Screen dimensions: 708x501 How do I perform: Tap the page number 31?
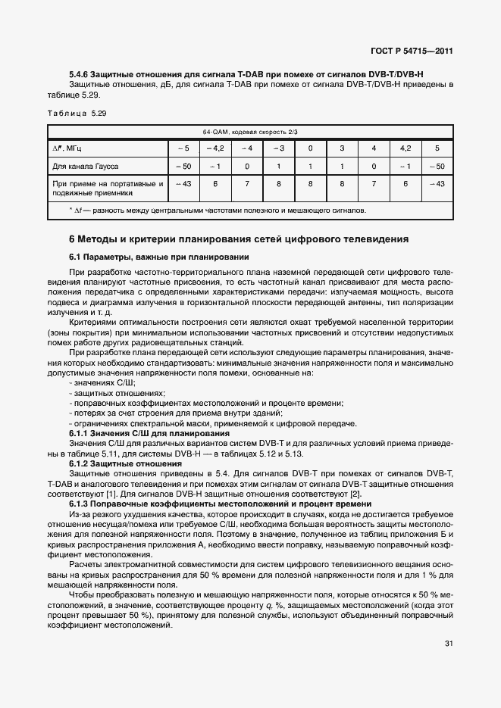tap(449, 644)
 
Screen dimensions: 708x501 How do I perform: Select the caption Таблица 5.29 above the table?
tap(77, 113)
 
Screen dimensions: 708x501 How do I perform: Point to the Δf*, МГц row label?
tap(67, 148)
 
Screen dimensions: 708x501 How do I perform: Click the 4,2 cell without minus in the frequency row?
tap(405, 148)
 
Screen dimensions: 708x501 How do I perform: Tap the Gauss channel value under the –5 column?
tap(183, 165)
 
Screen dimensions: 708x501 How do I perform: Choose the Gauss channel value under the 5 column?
tap(437, 165)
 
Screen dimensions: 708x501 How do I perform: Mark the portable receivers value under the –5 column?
tap(183, 183)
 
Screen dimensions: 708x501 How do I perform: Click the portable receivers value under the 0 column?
tap(310, 183)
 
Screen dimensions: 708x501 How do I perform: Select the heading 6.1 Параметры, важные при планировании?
tap(159, 257)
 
